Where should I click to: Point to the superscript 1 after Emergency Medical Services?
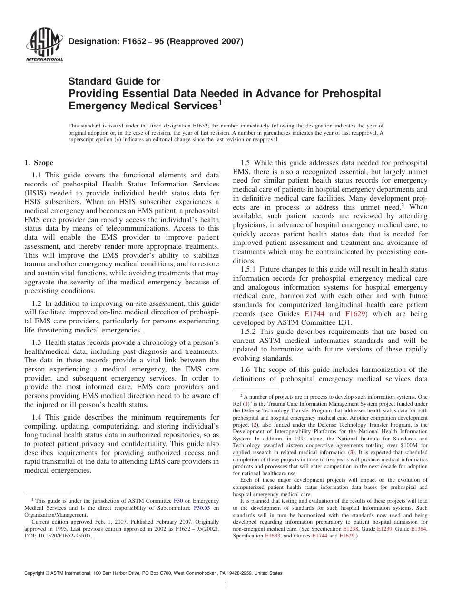pos(220,101)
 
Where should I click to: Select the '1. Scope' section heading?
pos(39,163)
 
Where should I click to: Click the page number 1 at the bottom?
pos(226,585)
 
